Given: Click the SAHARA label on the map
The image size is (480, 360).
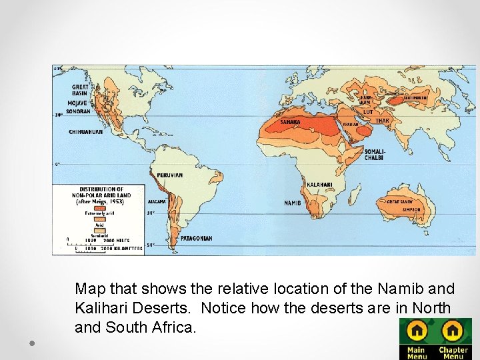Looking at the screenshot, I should [289, 122].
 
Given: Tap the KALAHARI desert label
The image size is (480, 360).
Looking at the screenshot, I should [319, 185].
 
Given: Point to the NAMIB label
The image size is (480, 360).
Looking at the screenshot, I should [292, 203].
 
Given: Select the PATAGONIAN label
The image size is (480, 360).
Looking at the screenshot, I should [197, 238].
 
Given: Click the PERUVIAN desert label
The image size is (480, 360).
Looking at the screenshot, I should [169, 175].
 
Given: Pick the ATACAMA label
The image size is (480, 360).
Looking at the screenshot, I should [156, 201].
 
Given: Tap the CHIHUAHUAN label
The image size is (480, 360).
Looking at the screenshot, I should [86, 132].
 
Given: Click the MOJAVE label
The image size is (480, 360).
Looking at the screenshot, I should [77, 103].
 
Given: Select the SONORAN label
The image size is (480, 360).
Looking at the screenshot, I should [78, 112].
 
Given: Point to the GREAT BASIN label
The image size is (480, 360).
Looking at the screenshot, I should [80, 90].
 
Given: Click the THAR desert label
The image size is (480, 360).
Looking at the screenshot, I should [382, 121].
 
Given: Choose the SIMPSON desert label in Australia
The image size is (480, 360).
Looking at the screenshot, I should [412, 209].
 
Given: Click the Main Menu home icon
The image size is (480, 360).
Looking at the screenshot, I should [417, 331].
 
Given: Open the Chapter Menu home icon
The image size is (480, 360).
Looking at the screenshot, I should [453, 331].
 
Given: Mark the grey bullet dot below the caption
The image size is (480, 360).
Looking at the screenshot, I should [32, 342].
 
